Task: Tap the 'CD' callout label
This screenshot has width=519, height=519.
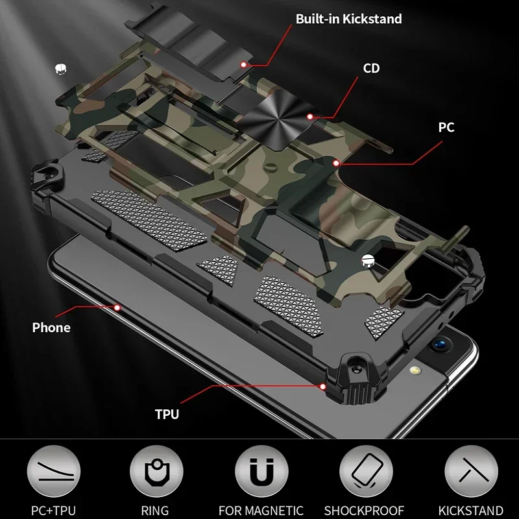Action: pos(372,68)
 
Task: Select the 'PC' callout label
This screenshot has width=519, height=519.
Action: pos(446,127)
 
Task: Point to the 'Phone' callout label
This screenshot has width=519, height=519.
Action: pos(51,327)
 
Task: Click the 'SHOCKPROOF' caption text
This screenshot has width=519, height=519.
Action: pos(365,510)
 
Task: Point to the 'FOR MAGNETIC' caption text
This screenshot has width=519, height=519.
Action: pos(260,510)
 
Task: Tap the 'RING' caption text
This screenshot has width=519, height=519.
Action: pos(154,510)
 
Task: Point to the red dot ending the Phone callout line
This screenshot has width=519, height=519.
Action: pos(117,306)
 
